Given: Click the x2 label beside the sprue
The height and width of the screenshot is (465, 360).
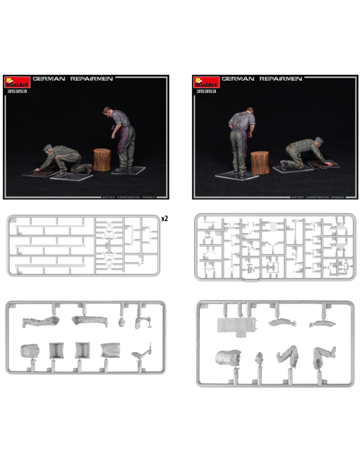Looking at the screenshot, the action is (164, 218).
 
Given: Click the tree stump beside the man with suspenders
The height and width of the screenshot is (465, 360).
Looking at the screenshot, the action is (260, 163).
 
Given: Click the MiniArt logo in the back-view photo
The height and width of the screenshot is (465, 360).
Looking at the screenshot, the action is (206, 82).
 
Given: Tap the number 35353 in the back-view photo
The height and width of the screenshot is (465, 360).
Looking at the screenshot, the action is (206, 91).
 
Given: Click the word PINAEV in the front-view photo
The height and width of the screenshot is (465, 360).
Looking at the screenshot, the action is (148, 197).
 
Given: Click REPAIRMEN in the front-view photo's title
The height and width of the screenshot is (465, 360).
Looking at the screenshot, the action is (91, 79).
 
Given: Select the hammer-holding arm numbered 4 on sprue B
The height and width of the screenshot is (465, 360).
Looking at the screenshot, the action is (143, 322).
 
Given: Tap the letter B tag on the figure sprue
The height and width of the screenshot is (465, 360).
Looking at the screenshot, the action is (12, 306).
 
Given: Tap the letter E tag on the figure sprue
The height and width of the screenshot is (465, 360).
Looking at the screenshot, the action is (203, 306).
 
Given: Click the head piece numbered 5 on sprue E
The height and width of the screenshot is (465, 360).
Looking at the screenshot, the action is (259, 357).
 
